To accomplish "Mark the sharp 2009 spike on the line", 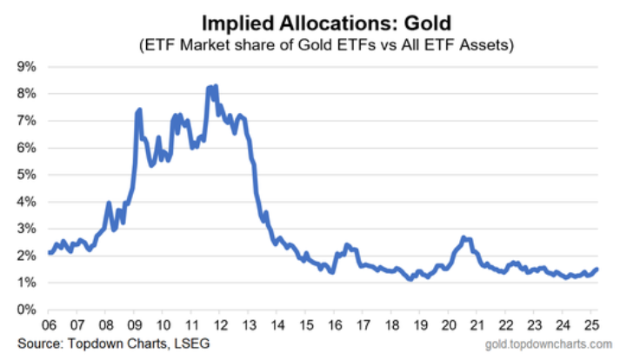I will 139,110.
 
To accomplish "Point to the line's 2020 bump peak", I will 463,237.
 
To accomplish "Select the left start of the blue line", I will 50,253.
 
